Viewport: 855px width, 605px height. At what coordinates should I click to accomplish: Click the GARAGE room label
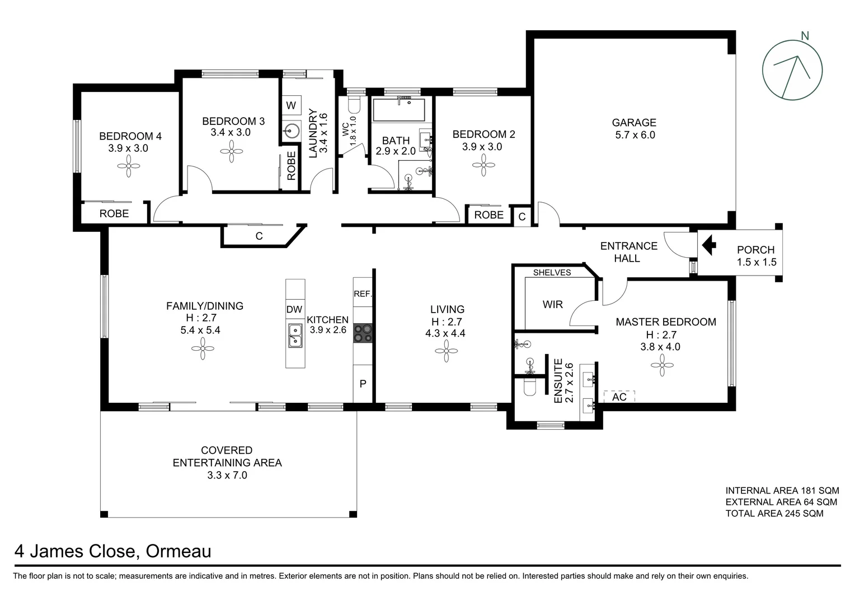click(x=633, y=123)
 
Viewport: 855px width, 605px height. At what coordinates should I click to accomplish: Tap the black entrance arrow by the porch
click(x=709, y=245)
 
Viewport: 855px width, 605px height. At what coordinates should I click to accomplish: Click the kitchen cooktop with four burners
click(x=363, y=333)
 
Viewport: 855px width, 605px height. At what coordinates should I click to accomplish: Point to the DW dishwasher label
click(x=294, y=310)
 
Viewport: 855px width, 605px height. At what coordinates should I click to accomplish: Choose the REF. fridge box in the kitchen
click(x=363, y=294)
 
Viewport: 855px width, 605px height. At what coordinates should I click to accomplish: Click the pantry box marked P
click(x=363, y=384)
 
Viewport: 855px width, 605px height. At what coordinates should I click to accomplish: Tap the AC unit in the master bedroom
click(x=619, y=397)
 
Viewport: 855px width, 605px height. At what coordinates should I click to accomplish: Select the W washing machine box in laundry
click(x=291, y=105)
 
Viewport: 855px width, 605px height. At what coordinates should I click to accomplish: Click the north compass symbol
click(x=792, y=71)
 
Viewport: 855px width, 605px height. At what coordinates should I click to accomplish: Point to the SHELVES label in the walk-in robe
click(x=552, y=273)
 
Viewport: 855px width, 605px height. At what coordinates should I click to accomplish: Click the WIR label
click(x=552, y=305)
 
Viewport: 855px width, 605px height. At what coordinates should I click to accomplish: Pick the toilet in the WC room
click(x=354, y=105)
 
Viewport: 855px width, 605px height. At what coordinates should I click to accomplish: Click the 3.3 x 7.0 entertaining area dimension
click(x=227, y=476)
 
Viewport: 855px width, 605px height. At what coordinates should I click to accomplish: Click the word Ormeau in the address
click(x=178, y=552)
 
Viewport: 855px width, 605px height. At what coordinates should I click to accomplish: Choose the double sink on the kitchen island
click(x=295, y=336)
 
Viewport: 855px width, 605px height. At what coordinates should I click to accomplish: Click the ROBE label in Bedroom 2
click(x=488, y=215)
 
